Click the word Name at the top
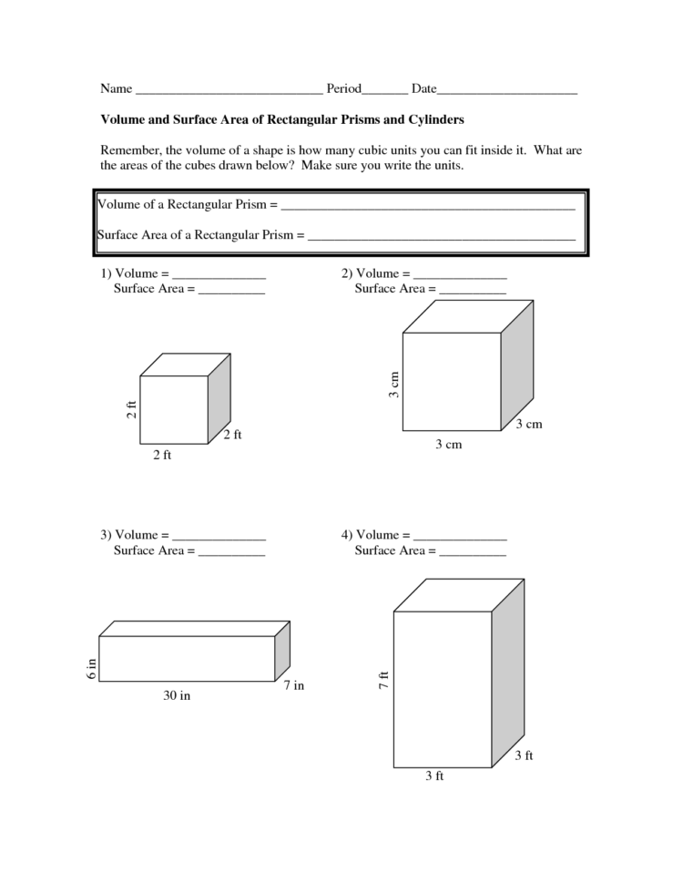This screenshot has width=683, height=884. click(x=115, y=89)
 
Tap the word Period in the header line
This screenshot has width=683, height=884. click(x=344, y=89)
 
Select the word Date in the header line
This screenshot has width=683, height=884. click(x=423, y=89)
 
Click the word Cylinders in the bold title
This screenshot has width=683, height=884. click(x=434, y=119)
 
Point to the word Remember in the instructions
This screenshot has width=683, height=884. click(x=131, y=149)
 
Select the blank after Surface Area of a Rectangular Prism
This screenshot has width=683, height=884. click(x=442, y=237)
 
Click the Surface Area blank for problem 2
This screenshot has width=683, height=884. click(x=473, y=291)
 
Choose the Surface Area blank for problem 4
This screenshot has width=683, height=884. click(x=473, y=552)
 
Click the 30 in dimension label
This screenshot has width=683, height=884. click(x=177, y=696)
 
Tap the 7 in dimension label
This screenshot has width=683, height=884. click(x=293, y=686)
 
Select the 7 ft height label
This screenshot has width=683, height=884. click(x=384, y=679)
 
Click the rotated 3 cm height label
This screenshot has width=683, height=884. click(x=394, y=385)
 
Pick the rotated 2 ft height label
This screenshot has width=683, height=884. click(x=131, y=410)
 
